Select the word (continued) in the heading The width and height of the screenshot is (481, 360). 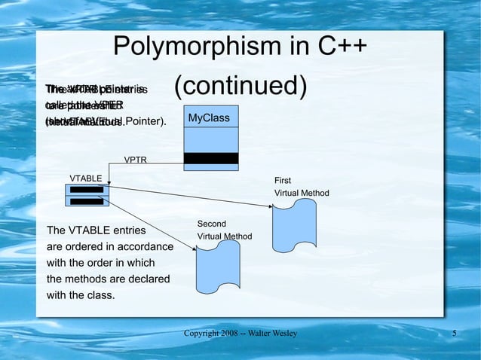coord(240,86)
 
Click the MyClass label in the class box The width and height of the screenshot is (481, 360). coord(209,118)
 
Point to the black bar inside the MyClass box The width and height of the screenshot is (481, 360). coord(211,158)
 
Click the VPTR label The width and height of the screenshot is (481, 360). coord(136,160)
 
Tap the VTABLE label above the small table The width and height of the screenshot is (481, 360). coord(86,178)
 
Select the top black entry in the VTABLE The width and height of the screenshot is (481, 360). coord(87,190)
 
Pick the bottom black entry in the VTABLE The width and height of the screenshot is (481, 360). coord(87,201)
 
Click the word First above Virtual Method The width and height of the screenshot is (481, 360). coord(283,181)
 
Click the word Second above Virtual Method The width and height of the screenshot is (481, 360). coord(212,224)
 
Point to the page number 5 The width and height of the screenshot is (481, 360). coord(455,334)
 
